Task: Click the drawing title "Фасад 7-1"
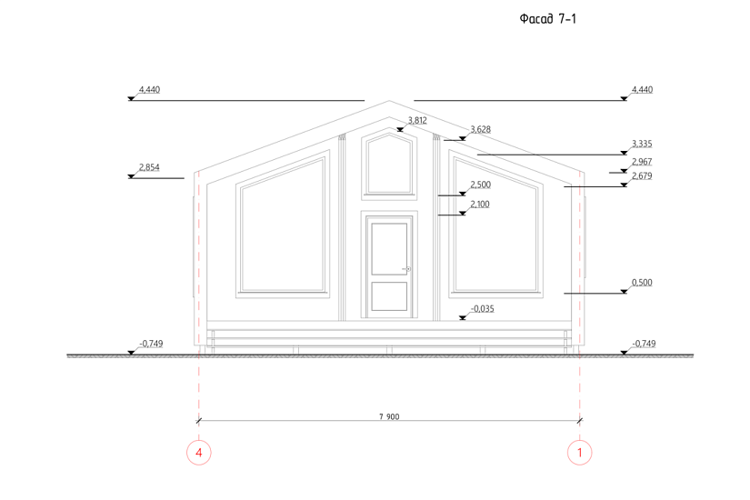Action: click(x=547, y=18)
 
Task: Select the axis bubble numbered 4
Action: click(x=198, y=451)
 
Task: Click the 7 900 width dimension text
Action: click(x=389, y=416)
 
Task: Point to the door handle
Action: click(x=407, y=268)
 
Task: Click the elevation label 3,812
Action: click(x=417, y=120)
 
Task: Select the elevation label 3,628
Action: click(x=480, y=129)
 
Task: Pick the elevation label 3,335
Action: click(x=642, y=144)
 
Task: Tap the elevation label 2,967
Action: click(x=642, y=161)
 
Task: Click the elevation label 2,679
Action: click(x=642, y=175)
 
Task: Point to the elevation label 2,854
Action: click(x=148, y=167)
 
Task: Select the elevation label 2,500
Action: click(x=480, y=185)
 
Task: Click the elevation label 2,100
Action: click(x=480, y=204)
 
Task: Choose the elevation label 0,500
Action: click(x=642, y=282)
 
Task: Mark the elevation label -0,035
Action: click(x=483, y=308)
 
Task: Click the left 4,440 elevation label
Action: click(x=148, y=89)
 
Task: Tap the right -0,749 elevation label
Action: click(x=642, y=343)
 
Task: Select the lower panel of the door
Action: click(x=389, y=297)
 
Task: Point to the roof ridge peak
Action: click(x=389, y=101)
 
